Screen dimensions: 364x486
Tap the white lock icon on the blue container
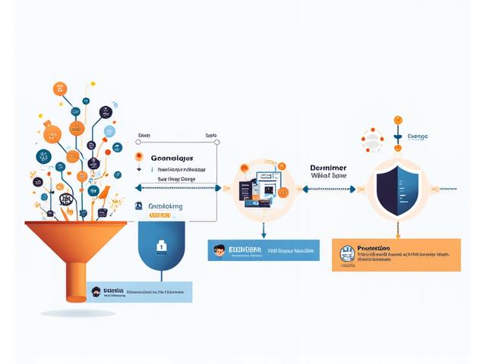coord(161,246)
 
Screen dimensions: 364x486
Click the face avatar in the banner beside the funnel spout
coord(94,292)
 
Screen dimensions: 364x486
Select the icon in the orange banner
coord(348,253)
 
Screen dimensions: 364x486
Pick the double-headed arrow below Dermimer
coord(327,190)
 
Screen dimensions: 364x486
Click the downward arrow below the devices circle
coord(263,230)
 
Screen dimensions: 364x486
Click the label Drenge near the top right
coord(418,136)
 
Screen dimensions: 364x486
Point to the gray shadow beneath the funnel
coord(78,312)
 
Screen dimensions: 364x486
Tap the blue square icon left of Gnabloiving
coord(139,206)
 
